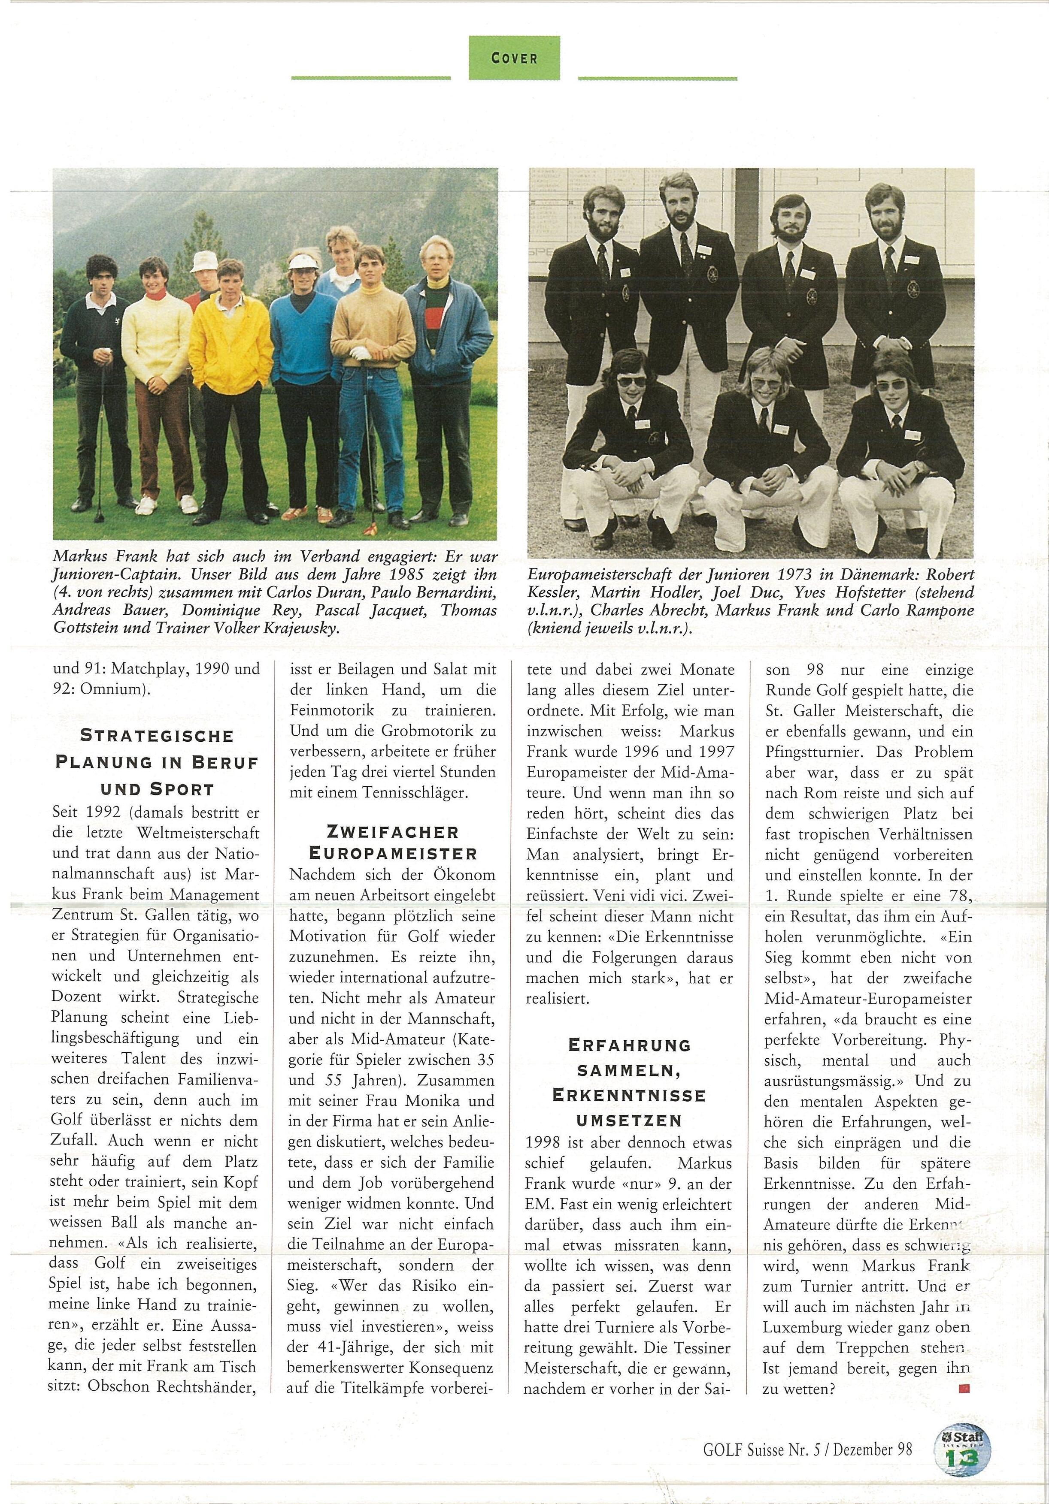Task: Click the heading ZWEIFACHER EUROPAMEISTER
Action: pyautogui.click(x=392, y=843)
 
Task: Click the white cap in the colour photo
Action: pyautogui.click(x=203, y=262)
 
